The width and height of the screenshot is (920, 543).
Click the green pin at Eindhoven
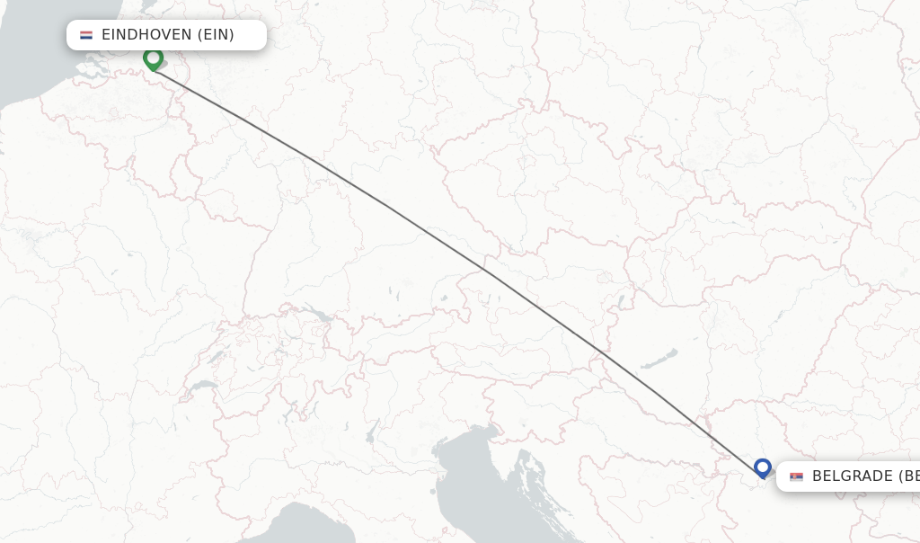(x=153, y=58)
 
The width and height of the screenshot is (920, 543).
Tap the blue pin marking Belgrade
(x=763, y=467)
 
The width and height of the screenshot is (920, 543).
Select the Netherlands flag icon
(x=86, y=35)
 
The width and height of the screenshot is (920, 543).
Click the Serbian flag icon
(x=796, y=476)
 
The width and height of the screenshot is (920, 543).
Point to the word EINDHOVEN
(x=146, y=35)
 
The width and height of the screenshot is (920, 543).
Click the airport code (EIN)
(x=216, y=35)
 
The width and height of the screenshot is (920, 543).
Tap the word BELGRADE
(x=852, y=476)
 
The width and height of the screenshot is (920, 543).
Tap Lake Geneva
(x=202, y=387)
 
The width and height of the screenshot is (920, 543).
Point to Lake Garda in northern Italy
(x=370, y=435)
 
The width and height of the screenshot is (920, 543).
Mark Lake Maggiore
(x=291, y=412)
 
